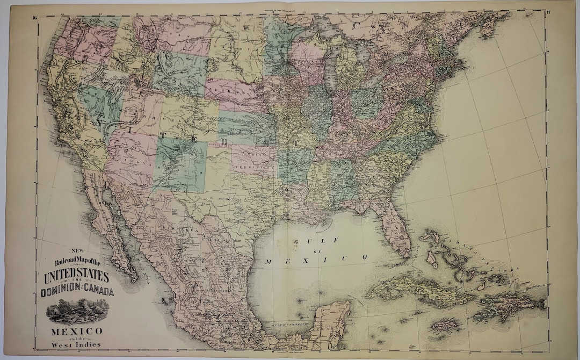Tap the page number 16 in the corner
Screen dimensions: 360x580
34,18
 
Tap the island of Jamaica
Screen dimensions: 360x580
446,325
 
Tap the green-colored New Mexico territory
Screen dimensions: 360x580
180,164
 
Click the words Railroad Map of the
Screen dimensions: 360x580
76,262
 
